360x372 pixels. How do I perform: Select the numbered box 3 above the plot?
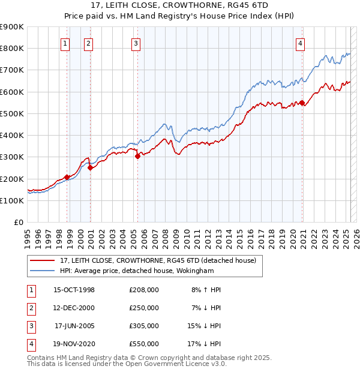136,43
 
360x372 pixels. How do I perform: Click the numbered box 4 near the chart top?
299,43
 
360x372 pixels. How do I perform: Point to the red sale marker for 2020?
302,102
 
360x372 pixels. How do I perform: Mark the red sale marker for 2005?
137,156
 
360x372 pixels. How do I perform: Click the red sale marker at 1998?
67,176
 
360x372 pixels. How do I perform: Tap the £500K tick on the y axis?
12,113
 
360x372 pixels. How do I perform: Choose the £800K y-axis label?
12,48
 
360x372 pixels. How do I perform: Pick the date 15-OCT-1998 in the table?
74,290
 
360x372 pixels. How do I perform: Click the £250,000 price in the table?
144,307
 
